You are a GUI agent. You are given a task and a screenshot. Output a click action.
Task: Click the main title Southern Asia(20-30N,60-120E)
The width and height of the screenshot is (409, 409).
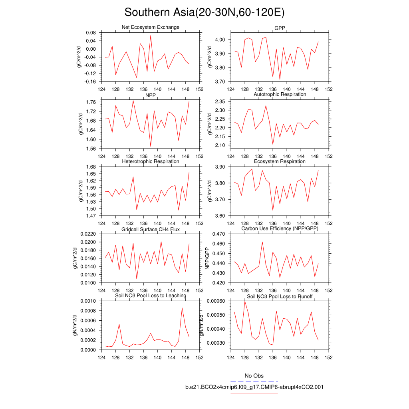coord(204,12)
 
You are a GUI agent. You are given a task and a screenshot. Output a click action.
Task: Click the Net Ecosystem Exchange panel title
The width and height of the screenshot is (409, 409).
coord(150,27)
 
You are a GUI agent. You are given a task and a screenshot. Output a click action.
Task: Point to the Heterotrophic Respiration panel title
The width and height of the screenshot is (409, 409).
coord(150,161)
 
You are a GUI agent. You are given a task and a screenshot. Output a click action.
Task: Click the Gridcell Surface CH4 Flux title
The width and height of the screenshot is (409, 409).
coord(150,229)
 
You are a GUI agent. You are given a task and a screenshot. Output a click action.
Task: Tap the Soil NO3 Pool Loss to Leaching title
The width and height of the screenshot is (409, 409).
coord(150,296)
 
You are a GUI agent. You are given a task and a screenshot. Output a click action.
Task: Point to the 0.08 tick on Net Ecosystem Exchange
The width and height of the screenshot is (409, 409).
coord(91,33)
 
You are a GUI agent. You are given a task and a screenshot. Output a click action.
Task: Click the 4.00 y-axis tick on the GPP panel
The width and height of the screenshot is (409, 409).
coord(220,40)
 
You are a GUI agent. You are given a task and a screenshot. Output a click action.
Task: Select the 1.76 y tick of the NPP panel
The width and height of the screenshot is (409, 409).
coord(91,102)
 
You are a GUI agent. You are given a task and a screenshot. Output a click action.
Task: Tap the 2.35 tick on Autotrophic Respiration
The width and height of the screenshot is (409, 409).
coord(220,101)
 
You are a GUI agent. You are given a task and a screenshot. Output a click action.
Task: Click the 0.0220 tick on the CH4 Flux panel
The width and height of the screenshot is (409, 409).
coord(88,234)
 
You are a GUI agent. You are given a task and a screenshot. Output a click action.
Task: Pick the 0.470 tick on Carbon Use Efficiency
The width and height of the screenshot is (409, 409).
coord(218,234)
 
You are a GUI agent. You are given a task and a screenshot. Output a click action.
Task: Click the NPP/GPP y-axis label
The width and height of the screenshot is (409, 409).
coord(207,258)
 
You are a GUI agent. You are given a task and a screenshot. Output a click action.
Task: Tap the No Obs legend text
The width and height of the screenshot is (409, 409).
coord(254,376)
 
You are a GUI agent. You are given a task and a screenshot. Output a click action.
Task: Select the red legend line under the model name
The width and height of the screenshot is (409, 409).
coord(254,393)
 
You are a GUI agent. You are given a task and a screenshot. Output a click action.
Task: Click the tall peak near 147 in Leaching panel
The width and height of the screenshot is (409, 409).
coord(182,308)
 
